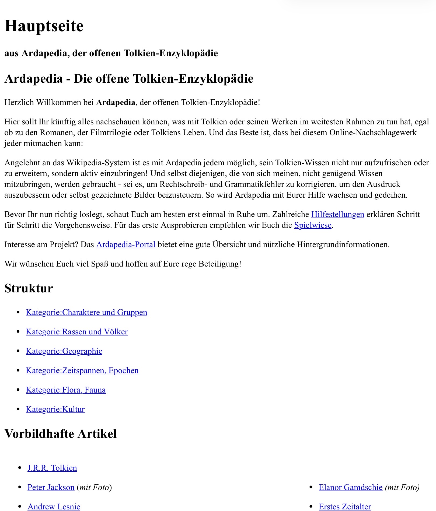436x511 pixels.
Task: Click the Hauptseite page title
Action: [44, 26]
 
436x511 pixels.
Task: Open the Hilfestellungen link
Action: [337, 214]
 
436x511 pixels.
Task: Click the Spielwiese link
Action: [313, 225]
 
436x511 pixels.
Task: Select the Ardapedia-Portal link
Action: [126, 244]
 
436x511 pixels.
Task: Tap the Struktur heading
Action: [29, 288]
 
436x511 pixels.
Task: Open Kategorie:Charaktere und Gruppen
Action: [86, 312]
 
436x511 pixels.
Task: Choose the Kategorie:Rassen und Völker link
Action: [77, 332]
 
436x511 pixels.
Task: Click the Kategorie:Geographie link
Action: [64, 351]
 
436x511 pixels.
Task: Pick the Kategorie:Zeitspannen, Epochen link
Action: [82, 370]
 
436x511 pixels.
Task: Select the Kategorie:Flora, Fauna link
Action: [66, 390]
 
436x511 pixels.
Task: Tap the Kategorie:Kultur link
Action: [55, 409]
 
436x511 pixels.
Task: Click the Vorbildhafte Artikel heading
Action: [61, 434]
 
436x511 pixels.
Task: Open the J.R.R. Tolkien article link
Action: [52, 468]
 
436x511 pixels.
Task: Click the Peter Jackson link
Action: [51, 487]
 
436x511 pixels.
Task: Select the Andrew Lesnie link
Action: [54, 506]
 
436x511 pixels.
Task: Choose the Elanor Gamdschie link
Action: [350, 487]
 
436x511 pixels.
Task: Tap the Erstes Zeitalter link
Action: [345, 506]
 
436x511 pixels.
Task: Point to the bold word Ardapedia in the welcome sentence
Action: [116, 102]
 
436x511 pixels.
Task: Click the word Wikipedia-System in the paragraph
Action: [98, 163]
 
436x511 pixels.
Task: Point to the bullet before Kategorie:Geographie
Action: [18, 351]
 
